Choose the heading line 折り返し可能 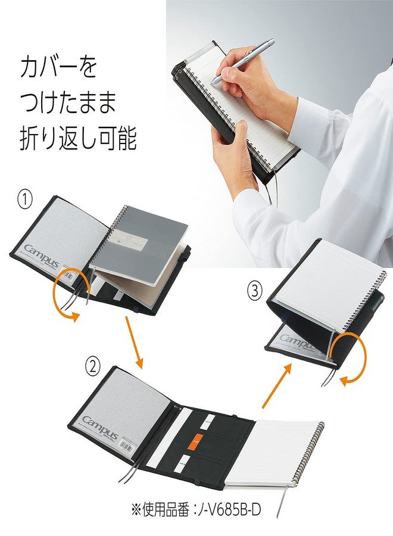point(77,139)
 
